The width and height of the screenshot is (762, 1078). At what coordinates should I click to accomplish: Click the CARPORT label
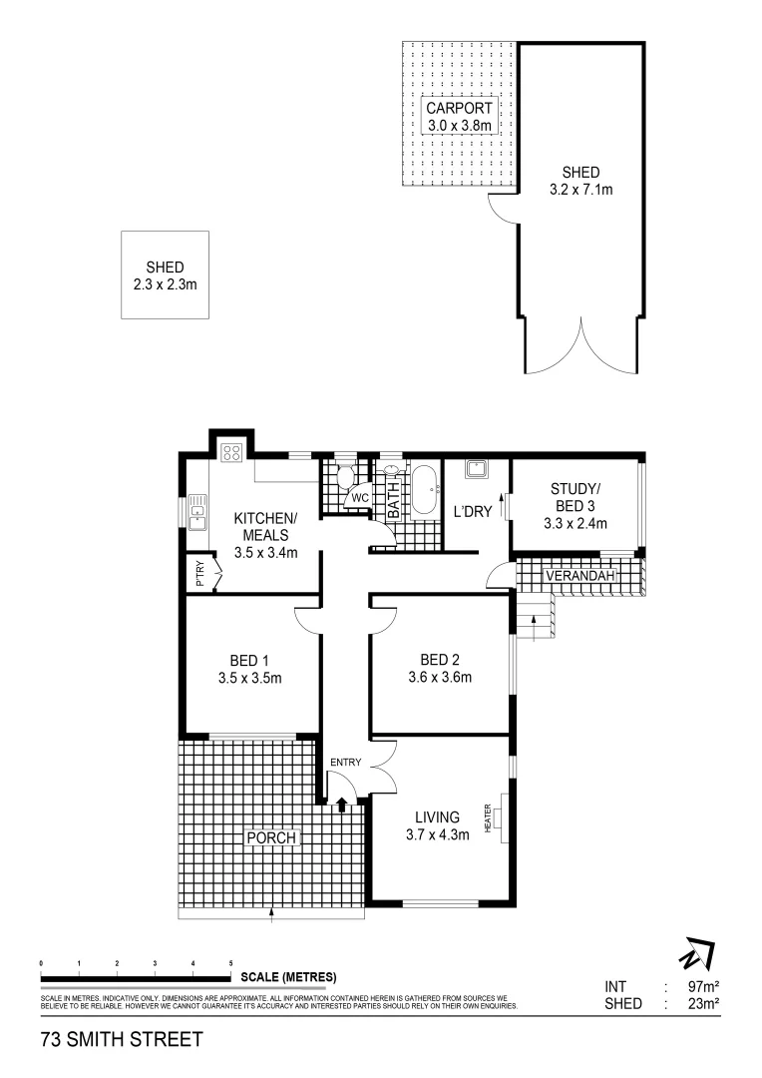[x=459, y=108]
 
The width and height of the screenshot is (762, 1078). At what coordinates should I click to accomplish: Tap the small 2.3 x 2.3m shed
[x=166, y=275]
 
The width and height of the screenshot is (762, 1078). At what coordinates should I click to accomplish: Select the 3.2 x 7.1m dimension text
[x=580, y=189]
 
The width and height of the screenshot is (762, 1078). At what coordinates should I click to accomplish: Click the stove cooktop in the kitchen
[x=231, y=453]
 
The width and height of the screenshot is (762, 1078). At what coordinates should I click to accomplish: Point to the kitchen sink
[x=197, y=515]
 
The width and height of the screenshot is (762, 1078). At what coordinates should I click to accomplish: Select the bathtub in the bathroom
[x=424, y=490]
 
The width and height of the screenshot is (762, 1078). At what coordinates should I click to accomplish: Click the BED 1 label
[x=249, y=661]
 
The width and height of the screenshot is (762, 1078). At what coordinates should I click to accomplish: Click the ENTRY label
[x=346, y=764]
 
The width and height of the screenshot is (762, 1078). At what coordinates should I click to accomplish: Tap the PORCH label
[x=271, y=837]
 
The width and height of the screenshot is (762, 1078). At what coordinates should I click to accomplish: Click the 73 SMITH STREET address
[x=122, y=1039]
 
